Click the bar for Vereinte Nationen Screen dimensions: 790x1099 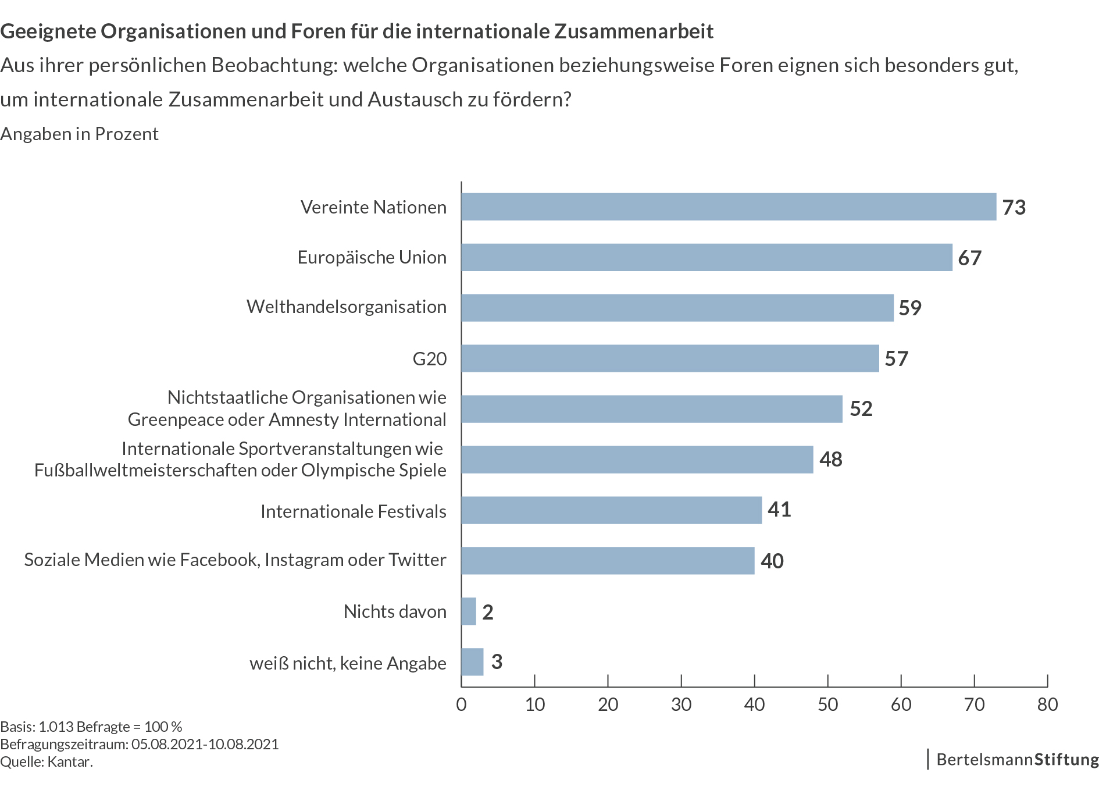pyautogui.click(x=728, y=207)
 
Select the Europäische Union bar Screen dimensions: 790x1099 pyautogui.click(x=706, y=257)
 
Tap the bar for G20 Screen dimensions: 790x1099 pyautogui.click(x=670, y=358)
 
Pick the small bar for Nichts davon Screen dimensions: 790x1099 pyautogui.click(x=469, y=611)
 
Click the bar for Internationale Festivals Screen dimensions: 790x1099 pyautogui.click(x=611, y=510)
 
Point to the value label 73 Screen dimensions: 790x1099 pyautogui.click(x=1014, y=208)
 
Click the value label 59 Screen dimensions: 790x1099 pyautogui.click(x=910, y=308)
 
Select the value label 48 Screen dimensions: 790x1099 pyautogui.click(x=831, y=460)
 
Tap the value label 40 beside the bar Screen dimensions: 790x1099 pyautogui.click(x=772, y=561)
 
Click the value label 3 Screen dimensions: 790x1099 pyautogui.click(x=497, y=662)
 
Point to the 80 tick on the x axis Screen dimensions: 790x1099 pyautogui.click(x=1047, y=704)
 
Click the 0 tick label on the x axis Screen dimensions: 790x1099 pyautogui.click(x=461, y=704)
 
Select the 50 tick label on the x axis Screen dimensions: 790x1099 pyautogui.click(x=827, y=704)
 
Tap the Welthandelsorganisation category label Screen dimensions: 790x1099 pyautogui.click(x=347, y=307)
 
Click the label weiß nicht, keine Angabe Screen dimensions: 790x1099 pyautogui.click(x=348, y=663)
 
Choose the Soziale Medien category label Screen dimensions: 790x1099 pyautogui.click(x=235, y=560)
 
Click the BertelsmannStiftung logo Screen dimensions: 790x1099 pyautogui.click(x=1017, y=760)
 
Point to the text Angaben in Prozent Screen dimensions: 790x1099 pyautogui.click(x=80, y=134)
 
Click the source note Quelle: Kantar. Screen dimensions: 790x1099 pyautogui.click(x=47, y=761)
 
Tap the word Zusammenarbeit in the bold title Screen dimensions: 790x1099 pyautogui.click(x=634, y=31)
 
